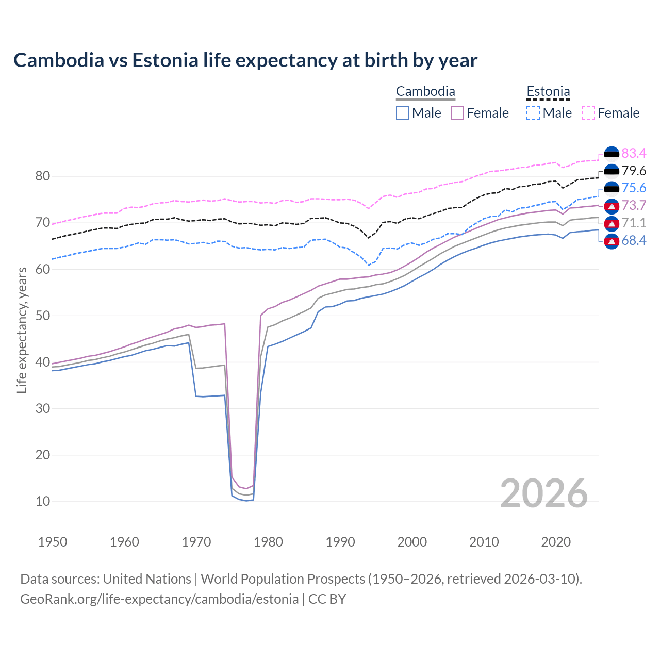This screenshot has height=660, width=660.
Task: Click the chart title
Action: coord(245,60)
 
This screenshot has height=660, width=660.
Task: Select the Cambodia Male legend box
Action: coord(403,113)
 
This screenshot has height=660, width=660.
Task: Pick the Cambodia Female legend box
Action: coord(457,113)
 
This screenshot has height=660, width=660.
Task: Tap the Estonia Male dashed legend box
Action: coord(533,113)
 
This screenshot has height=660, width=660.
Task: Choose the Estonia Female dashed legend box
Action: coord(588,113)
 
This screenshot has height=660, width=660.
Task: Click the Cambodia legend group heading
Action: coord(425,92)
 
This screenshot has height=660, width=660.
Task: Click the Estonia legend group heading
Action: coord(548,92)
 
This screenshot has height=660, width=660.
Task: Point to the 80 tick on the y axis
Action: coord(43,176)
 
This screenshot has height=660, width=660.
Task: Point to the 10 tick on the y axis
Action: coord(43,501)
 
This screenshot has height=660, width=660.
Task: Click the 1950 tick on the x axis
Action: coord(53,542)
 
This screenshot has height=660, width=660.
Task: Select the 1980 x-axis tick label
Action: coord(269,542)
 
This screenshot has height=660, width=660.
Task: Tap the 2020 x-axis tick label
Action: coord(556,542)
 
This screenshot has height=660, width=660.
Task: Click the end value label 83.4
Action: coord(634,153)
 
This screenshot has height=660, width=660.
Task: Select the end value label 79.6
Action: coord(634,171)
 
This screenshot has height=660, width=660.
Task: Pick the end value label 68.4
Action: coord(634,240)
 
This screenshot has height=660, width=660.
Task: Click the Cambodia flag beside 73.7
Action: coord(612,206)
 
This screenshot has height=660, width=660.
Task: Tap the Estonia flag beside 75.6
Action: coord(612,188)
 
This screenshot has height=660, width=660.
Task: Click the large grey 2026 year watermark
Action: coord(544,493)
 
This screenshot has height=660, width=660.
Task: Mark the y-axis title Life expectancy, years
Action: coord(22,330)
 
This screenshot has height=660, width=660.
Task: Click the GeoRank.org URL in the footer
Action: coord(159,599)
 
